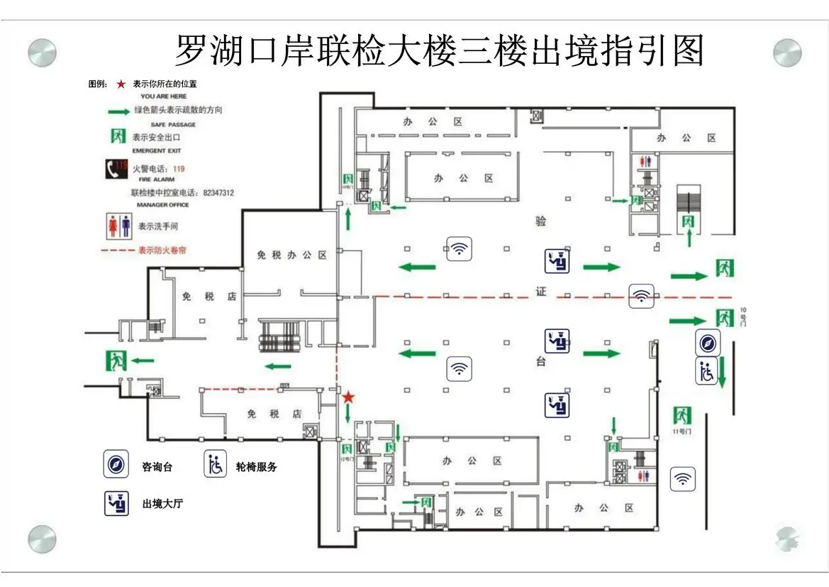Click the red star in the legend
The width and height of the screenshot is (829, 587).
(x=121, y=84)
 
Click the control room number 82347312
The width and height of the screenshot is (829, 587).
(x=218, y=192)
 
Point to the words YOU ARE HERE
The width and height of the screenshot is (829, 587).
(x=164, y=96)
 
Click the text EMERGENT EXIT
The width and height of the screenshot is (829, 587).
(x=157, y=150)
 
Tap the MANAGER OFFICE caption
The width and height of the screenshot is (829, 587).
(x=163, y=204)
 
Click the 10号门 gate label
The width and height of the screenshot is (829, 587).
(x=743, y=317)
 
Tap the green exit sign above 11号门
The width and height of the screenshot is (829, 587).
(x=682, y=415)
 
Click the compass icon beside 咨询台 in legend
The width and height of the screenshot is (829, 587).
(x=116, y=464)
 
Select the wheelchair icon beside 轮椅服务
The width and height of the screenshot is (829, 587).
(x=216, y=464)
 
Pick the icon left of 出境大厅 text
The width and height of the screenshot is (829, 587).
(x=116, y=503)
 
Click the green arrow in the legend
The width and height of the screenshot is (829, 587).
(x=118, y=111)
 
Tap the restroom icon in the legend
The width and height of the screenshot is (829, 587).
(x=118, y=226)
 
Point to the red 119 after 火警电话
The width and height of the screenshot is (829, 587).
(x=179, y=169)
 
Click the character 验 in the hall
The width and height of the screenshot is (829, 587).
(x=541, y=221)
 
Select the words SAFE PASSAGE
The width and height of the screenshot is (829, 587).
(x=173, y=124)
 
